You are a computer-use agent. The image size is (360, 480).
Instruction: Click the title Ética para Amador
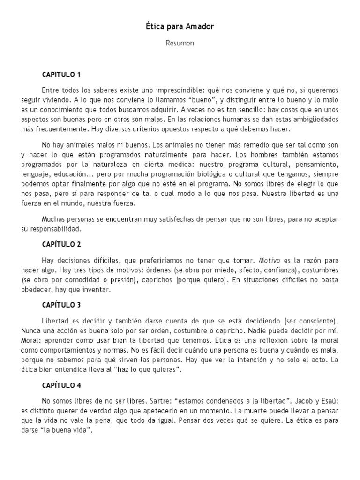180,27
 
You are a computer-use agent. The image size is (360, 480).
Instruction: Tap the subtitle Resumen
180,43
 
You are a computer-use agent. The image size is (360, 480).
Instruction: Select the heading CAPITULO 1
61,75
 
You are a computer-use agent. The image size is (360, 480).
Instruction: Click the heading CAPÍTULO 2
61,244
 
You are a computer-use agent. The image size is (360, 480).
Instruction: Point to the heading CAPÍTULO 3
61,305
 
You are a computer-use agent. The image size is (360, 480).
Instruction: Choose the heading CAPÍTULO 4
61,386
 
